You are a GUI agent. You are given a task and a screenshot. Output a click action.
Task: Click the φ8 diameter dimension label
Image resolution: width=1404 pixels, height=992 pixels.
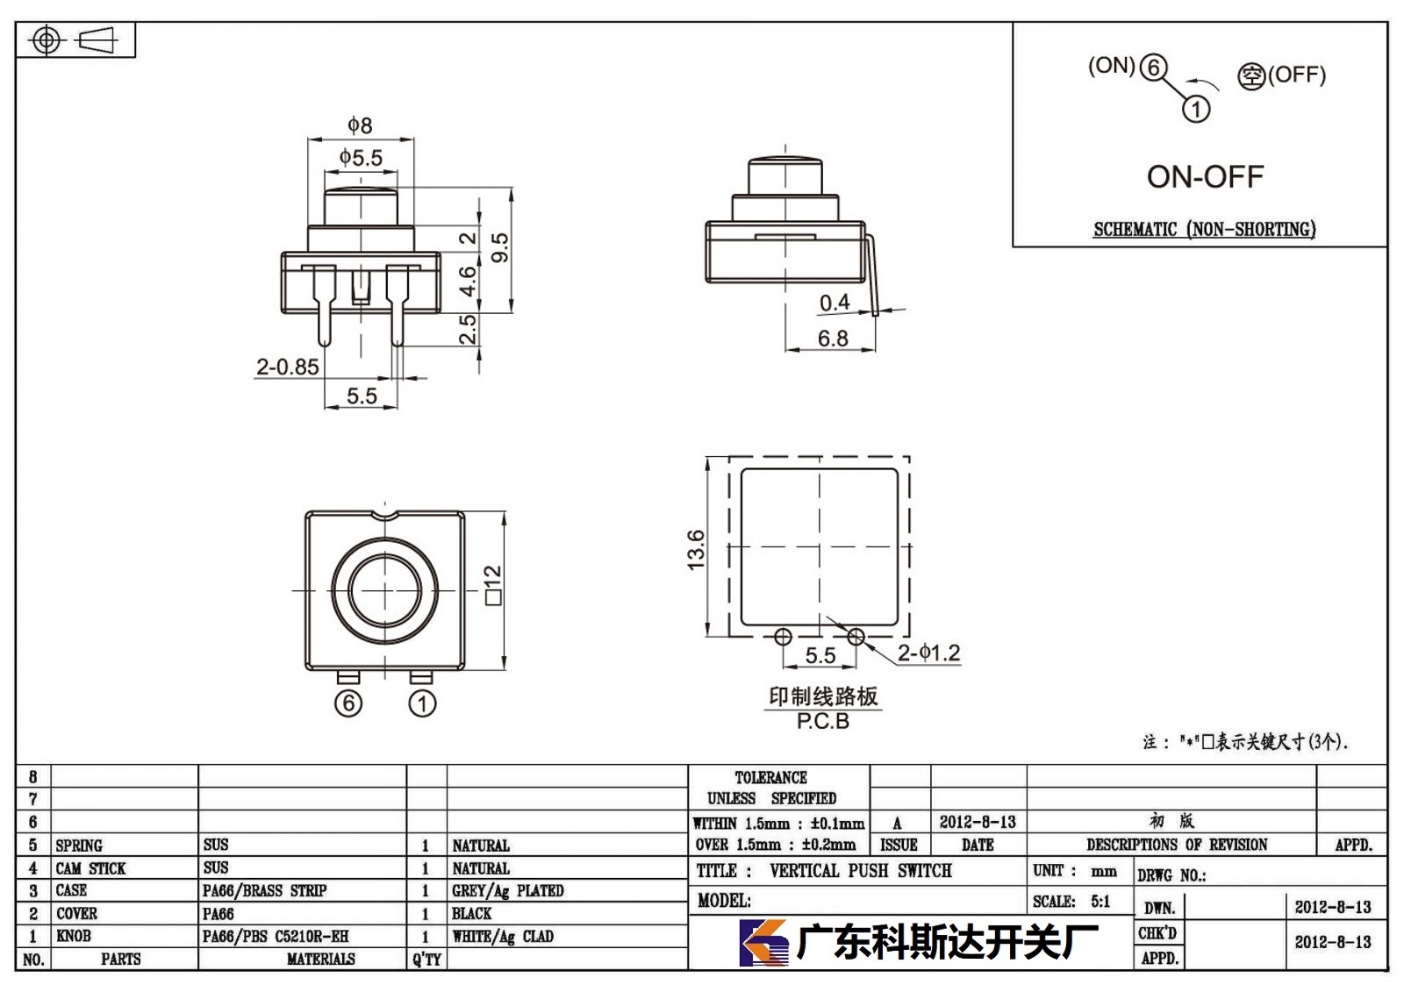coord(360,125)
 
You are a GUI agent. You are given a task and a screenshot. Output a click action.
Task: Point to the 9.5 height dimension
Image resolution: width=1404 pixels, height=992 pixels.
coord(500,247)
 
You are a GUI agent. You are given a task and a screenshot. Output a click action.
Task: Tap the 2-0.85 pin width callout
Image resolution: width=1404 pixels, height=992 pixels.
coord(288,367)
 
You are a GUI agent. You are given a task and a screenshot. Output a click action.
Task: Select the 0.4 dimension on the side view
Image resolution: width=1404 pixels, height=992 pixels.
coord(835,303)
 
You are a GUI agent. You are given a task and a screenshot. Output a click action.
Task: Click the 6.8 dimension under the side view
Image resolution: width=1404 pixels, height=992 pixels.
coord(833,339)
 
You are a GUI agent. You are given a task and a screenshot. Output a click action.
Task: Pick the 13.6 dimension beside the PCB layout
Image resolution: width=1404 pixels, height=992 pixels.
coord(696,550)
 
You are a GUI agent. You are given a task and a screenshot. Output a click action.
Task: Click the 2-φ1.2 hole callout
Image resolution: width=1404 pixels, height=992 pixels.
coord(929,653)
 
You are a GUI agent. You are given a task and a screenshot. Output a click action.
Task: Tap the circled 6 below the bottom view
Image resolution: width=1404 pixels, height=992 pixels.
coord(348,703)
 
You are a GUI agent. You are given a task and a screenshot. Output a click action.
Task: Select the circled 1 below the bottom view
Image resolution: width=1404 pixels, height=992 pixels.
coord(422,703)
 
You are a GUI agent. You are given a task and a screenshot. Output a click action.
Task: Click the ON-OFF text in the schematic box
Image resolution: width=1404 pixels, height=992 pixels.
coord(1205,177)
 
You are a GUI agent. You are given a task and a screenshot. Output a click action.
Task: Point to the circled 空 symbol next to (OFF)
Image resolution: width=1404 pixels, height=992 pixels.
coord(1251,76)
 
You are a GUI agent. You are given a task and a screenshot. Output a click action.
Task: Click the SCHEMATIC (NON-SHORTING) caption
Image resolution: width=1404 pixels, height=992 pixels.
coord(1205,229)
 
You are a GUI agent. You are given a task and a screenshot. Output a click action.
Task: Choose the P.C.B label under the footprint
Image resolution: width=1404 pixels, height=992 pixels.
coord(823,721)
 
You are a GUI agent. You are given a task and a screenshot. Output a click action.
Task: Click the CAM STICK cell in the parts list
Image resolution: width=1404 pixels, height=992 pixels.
coord(91,868)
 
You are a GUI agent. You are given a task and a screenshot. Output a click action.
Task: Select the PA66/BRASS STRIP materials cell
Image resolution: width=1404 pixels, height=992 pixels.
coord(264,890)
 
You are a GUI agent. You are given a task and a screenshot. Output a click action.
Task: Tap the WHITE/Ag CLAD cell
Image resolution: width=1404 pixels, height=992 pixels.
coord(503,936)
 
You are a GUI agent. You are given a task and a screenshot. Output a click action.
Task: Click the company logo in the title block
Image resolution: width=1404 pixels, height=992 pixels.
coord(763,943)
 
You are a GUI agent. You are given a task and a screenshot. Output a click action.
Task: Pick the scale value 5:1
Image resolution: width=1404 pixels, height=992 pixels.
coord(1100,901)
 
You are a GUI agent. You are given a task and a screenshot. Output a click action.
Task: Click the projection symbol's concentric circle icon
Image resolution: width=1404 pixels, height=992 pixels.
coord(46,40)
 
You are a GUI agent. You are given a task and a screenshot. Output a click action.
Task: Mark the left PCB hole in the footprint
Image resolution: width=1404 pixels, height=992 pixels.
coord(783,638)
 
